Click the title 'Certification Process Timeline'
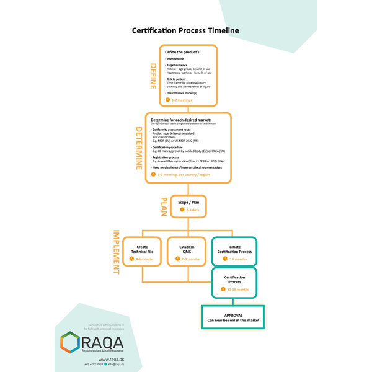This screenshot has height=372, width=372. pos(185,30)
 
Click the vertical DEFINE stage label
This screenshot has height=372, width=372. pos(153,76)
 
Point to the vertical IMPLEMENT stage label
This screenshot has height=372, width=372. pos(115,252)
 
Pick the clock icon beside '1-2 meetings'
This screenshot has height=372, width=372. pos(167,99)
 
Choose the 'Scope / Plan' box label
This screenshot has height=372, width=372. pos(188,202)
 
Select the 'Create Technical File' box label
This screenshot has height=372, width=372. pos(142,249)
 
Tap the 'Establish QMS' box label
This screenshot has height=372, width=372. pos(188,249)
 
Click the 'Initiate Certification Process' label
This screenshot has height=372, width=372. pos(234,249)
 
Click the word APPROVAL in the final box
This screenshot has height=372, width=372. pos(232,314)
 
